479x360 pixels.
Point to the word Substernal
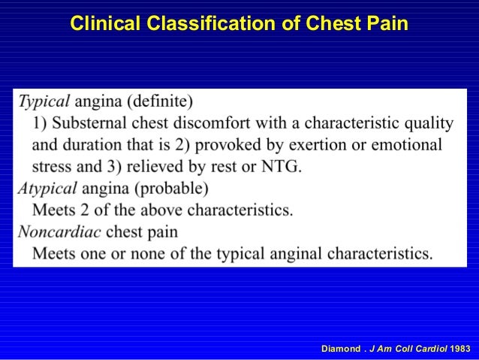tap(92, 123)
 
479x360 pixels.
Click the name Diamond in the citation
tap(340, 349)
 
